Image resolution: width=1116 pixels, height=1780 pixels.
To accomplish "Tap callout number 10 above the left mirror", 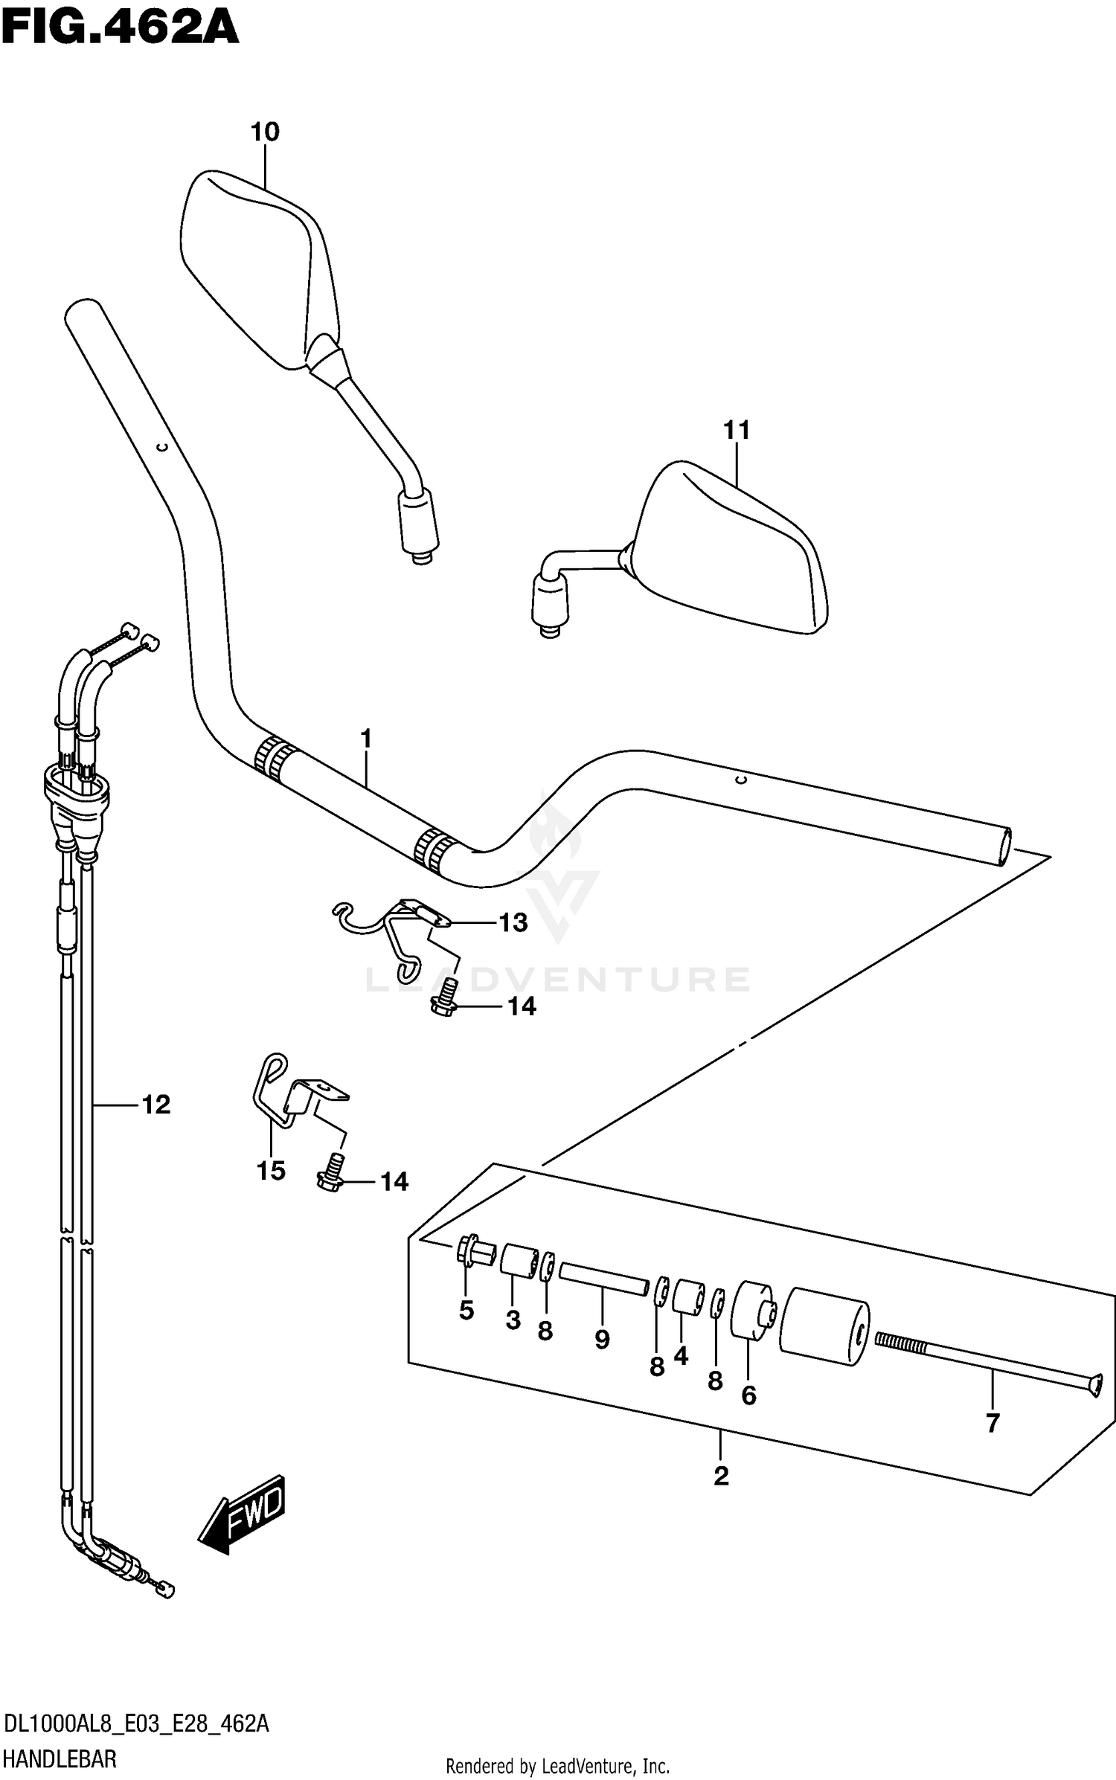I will click(x=265, y=132).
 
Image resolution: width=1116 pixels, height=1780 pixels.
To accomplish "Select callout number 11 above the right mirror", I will click(x=737, y=431).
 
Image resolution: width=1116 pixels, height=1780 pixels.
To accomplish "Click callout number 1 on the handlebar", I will click(x=365, y=739).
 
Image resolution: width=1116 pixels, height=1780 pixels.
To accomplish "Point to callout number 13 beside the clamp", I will click(x=513, y=923).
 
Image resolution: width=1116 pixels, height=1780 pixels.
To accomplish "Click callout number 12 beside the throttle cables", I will click(x=156, y=1105).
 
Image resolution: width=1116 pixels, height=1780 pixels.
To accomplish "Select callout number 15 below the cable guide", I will click(x=271, y=1171).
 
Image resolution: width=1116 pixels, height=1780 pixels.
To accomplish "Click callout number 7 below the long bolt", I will click(x=992, y=1423).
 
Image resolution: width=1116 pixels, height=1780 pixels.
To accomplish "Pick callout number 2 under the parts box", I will click(x=720, y=1477).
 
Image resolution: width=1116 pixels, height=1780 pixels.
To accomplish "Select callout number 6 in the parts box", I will click(x=748, y=1395).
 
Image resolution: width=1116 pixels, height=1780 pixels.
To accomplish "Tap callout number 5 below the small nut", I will click(x=466, y=1311).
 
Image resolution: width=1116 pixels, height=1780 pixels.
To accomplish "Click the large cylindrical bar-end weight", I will click(x=824, y=1328).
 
